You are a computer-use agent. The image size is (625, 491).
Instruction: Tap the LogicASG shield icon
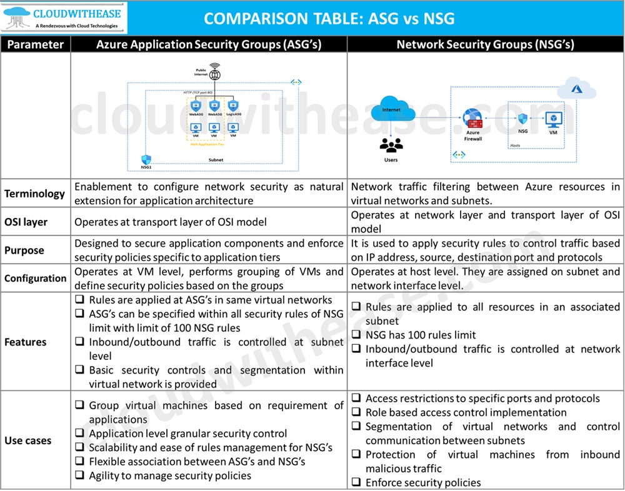pos(233,107)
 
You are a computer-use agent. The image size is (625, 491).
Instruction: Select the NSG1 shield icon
pos(147,161)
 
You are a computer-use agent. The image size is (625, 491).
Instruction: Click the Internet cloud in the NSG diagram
pos(392,110)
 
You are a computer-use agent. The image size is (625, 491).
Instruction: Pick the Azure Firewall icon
pos(472,117)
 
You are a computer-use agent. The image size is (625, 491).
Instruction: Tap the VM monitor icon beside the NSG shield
pos(552,118)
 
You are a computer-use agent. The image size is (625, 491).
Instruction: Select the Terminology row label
pos(34,194)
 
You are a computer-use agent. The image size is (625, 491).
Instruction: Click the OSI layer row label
pos(26,222)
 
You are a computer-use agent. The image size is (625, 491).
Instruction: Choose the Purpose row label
pos(24,250)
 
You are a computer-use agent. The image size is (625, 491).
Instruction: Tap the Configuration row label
pos(35,278)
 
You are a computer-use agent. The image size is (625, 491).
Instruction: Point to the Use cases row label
pos(28,440)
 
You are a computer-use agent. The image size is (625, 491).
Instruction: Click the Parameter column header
pos(35,44)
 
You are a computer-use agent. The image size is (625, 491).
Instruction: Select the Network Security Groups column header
pos(485,44)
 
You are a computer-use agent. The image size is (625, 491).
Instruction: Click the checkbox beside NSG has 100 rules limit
pos(357,335)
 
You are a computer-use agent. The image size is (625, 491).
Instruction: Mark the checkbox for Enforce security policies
pos(357,483)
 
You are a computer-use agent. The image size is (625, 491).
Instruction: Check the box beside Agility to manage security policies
pos(80,475)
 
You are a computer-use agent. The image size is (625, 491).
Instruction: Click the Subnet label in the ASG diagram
pos(216,160)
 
